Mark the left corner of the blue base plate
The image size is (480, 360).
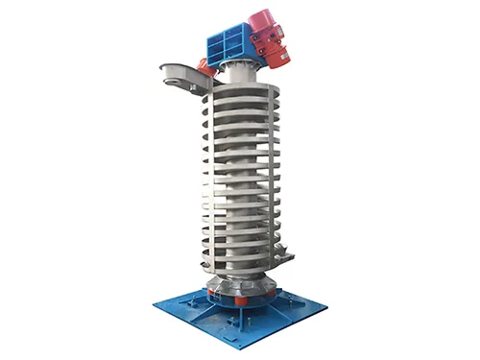156,306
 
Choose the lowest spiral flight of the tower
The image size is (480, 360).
240,259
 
